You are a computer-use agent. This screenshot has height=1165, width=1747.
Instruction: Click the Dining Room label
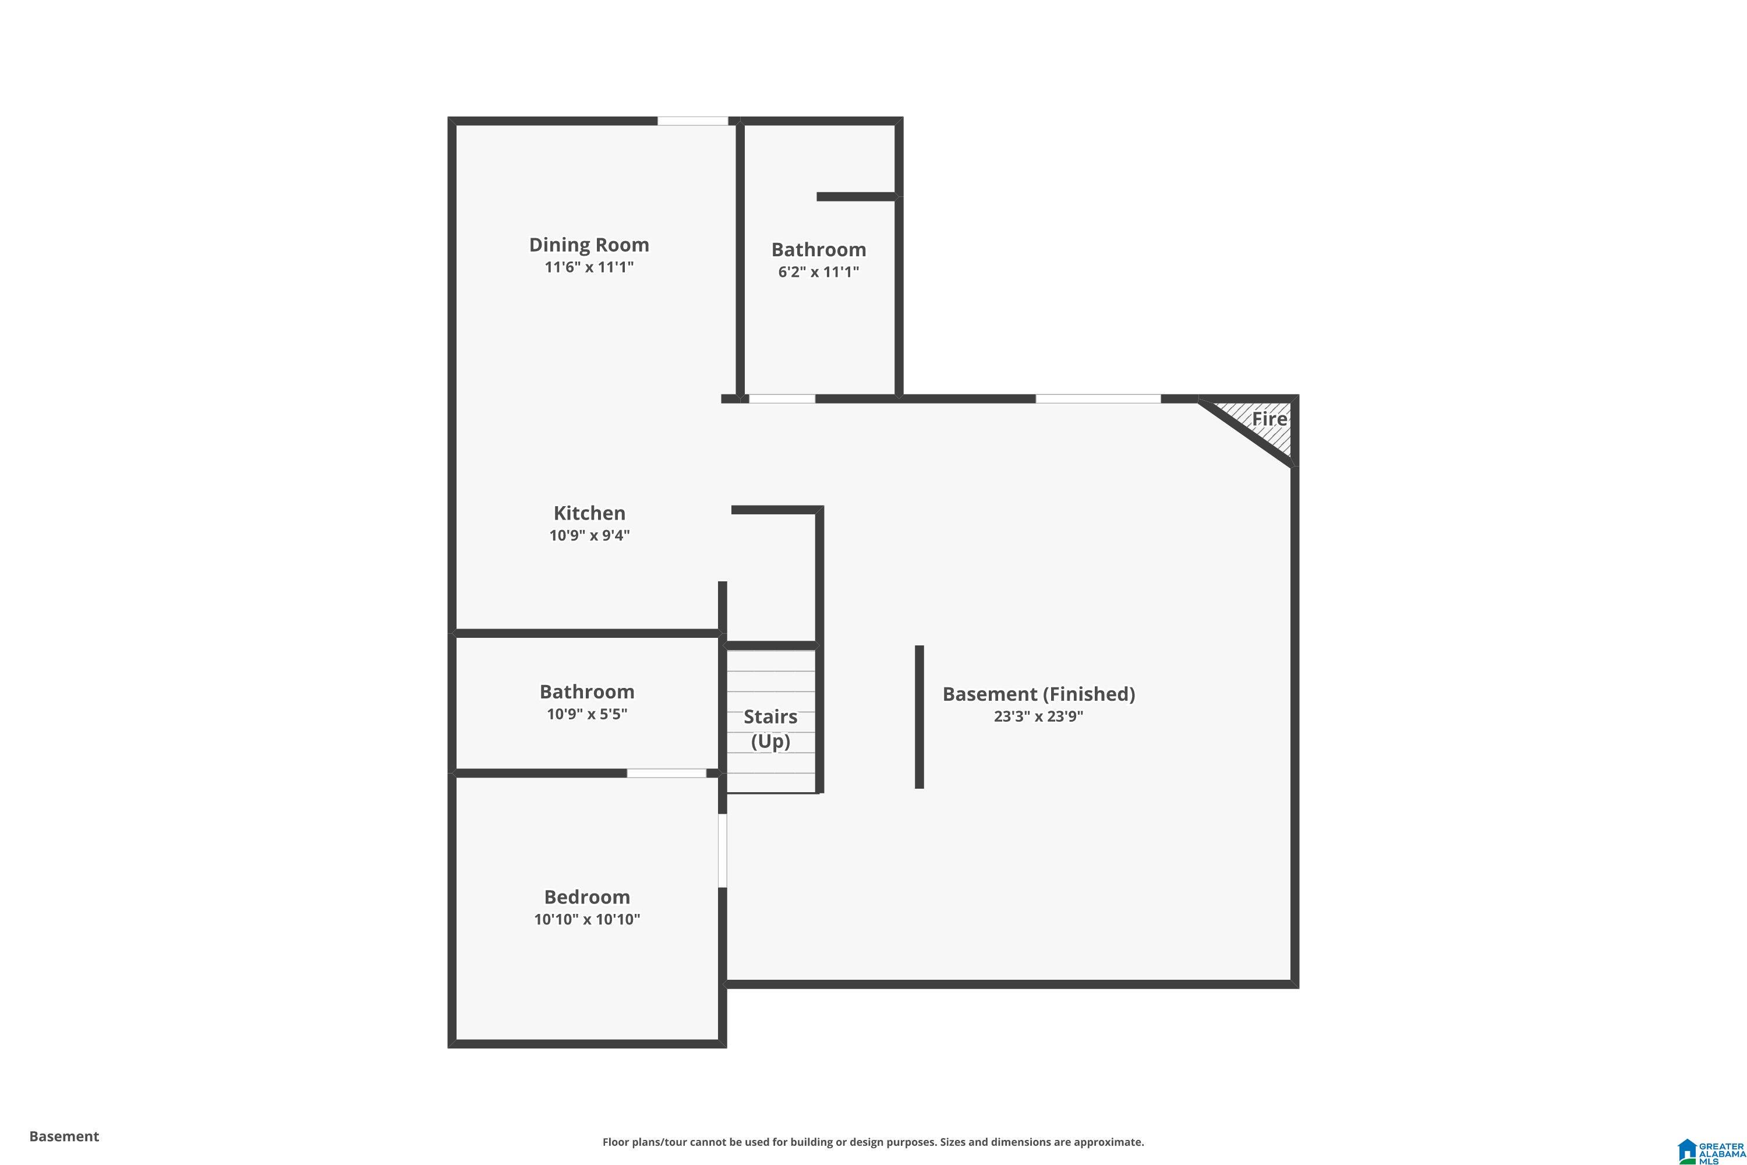[588, 245]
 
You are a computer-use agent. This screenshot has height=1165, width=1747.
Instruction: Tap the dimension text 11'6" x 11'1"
[588, 267]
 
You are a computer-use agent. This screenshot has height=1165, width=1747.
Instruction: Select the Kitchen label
[589, 513]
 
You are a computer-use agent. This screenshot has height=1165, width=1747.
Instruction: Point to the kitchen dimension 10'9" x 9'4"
[589, 535]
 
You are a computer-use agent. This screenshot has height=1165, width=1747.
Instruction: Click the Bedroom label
[587, 897]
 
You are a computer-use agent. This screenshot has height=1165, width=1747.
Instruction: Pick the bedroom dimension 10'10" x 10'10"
[587, 919]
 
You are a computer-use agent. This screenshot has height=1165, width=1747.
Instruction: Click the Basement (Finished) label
[1038, 694]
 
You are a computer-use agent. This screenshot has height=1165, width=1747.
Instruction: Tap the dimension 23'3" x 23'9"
[1038, 716]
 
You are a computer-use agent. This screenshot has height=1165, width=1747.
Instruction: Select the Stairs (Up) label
[770, 729]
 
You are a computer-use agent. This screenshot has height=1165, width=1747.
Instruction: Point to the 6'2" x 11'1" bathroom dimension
[819, 272]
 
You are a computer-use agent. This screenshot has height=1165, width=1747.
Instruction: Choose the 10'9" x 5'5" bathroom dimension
[587, 714]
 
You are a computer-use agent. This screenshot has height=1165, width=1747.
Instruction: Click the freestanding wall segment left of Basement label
[919, 716]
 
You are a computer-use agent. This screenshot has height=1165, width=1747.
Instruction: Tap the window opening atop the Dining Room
[692, 121]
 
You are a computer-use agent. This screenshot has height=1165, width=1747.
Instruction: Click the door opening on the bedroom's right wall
[722, 850]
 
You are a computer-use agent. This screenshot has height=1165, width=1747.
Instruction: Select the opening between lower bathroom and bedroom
[666, 774]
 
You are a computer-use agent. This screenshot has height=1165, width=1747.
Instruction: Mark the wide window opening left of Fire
[1098, 399]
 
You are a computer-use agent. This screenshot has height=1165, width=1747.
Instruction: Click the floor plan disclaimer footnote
[873, 1142]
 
